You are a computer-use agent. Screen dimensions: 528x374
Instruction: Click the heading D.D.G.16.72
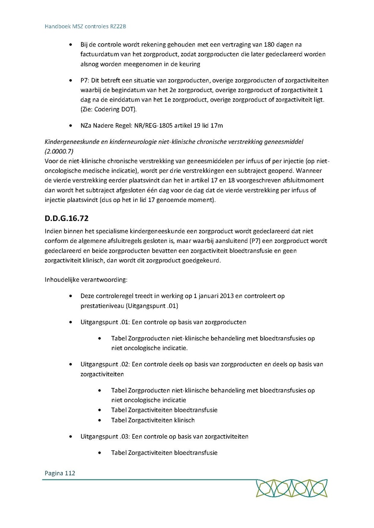[x=66, y=218]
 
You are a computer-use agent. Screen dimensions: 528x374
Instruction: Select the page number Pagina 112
[x=60, y=473]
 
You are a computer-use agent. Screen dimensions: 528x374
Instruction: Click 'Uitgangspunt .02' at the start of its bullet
[x=104, y=364]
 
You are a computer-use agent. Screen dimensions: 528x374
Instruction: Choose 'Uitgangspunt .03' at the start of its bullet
[x=104, y=436]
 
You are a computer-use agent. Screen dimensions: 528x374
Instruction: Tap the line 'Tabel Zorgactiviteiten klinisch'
[x=153, y=420]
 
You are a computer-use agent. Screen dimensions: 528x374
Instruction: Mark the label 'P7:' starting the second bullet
[x=85, y=80]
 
